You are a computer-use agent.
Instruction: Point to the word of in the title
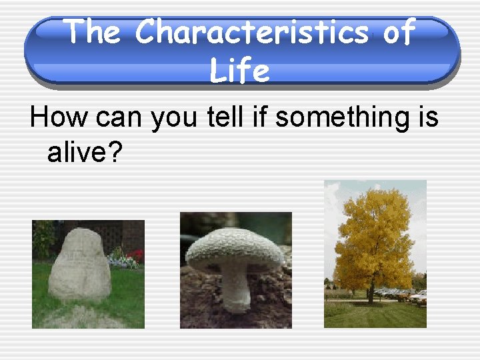(x=399, y=31)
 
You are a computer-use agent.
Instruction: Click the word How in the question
(x=58, y=117)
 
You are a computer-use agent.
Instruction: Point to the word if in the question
(x=263, y=117)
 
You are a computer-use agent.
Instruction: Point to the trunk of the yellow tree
(x=371, y=294)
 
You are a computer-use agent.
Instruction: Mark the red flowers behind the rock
(x=136, y=256)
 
